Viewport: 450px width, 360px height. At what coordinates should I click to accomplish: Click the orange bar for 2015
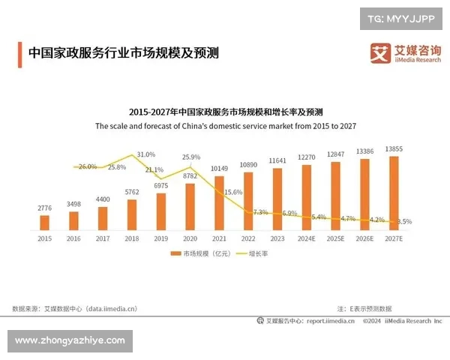coord(44,222)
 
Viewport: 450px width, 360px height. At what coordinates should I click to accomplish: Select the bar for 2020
coord(190,206)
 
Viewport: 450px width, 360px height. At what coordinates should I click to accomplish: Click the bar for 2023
coord(277,198)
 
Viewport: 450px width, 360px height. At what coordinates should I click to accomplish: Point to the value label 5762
coord(131,192)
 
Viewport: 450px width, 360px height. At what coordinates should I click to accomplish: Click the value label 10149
coord(219,168)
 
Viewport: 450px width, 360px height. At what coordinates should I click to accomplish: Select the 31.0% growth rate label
coord(145,154)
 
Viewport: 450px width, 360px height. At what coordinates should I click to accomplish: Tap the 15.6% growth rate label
coord(233,192)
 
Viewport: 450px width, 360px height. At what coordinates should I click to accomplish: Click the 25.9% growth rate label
coord(191,157)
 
